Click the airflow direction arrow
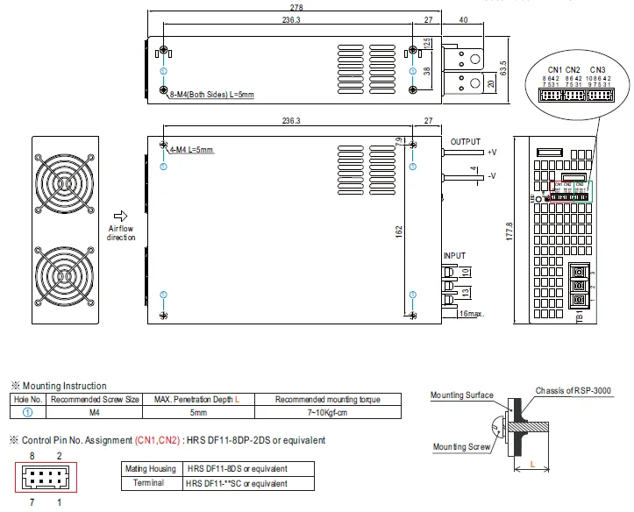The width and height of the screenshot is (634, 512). (121, 216)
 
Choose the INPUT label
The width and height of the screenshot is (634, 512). (454, 255)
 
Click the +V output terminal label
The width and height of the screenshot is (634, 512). (491, 153)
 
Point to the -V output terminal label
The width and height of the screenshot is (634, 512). (491, 176)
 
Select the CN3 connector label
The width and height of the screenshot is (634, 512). (597, 69)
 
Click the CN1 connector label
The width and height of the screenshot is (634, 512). (555, 69)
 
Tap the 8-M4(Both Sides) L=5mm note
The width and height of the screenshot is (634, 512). (210, 93)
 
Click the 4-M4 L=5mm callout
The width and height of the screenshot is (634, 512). (192, 150)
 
